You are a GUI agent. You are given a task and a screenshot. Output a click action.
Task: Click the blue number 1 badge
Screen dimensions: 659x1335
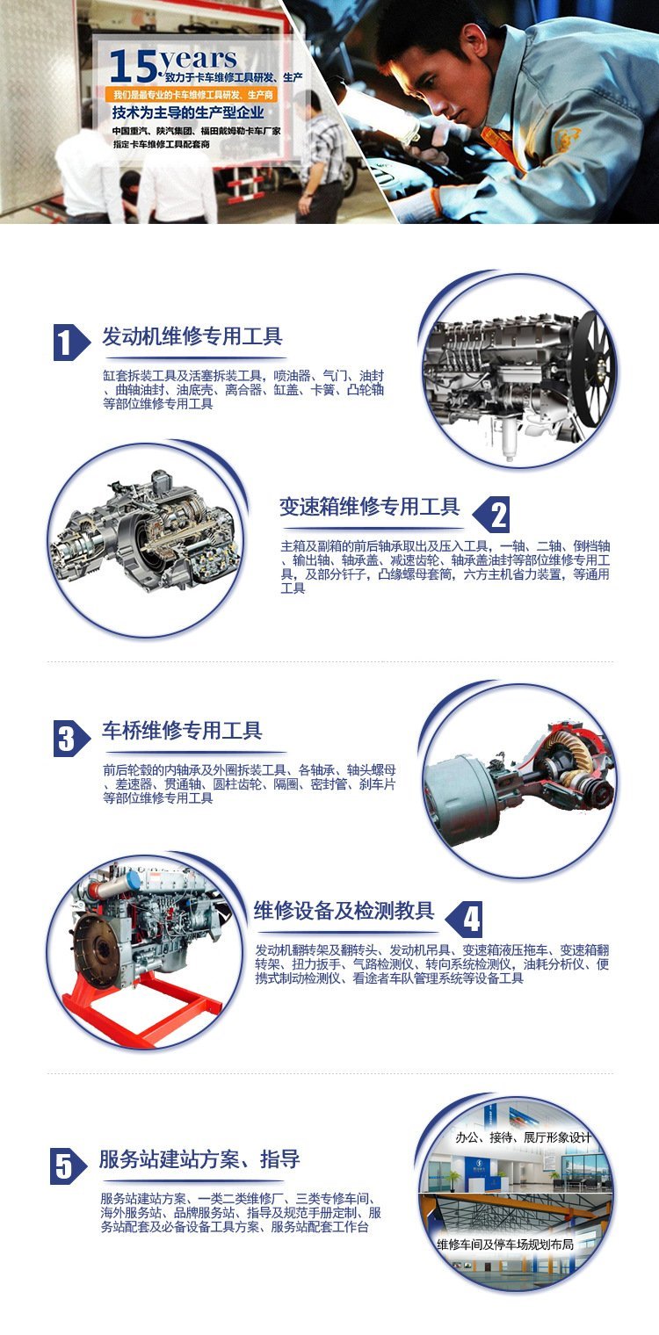(71, 343)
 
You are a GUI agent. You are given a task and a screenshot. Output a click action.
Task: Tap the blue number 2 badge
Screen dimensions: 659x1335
(491, 515)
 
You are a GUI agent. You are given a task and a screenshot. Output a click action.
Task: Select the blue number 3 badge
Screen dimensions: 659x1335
(71, 739)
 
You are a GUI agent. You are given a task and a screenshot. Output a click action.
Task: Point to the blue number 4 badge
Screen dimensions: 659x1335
(464, 919)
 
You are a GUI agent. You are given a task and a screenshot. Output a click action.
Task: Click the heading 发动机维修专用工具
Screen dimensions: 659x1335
(192, 336)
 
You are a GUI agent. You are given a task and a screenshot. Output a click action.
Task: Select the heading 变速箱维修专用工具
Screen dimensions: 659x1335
(370, 507)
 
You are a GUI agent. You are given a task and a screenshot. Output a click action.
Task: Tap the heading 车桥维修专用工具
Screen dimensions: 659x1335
(182, 730)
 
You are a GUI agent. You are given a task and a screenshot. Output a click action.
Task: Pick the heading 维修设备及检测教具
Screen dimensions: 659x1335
(344, 911)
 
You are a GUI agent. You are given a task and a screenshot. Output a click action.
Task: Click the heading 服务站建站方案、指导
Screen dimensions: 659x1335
(199, 1159)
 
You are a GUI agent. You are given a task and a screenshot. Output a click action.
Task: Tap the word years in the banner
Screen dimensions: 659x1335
(199, 61)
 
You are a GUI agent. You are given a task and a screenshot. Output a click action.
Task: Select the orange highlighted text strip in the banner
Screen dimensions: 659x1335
(191, 95)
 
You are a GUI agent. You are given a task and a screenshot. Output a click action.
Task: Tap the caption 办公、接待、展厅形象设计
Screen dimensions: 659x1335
(523, 1137)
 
